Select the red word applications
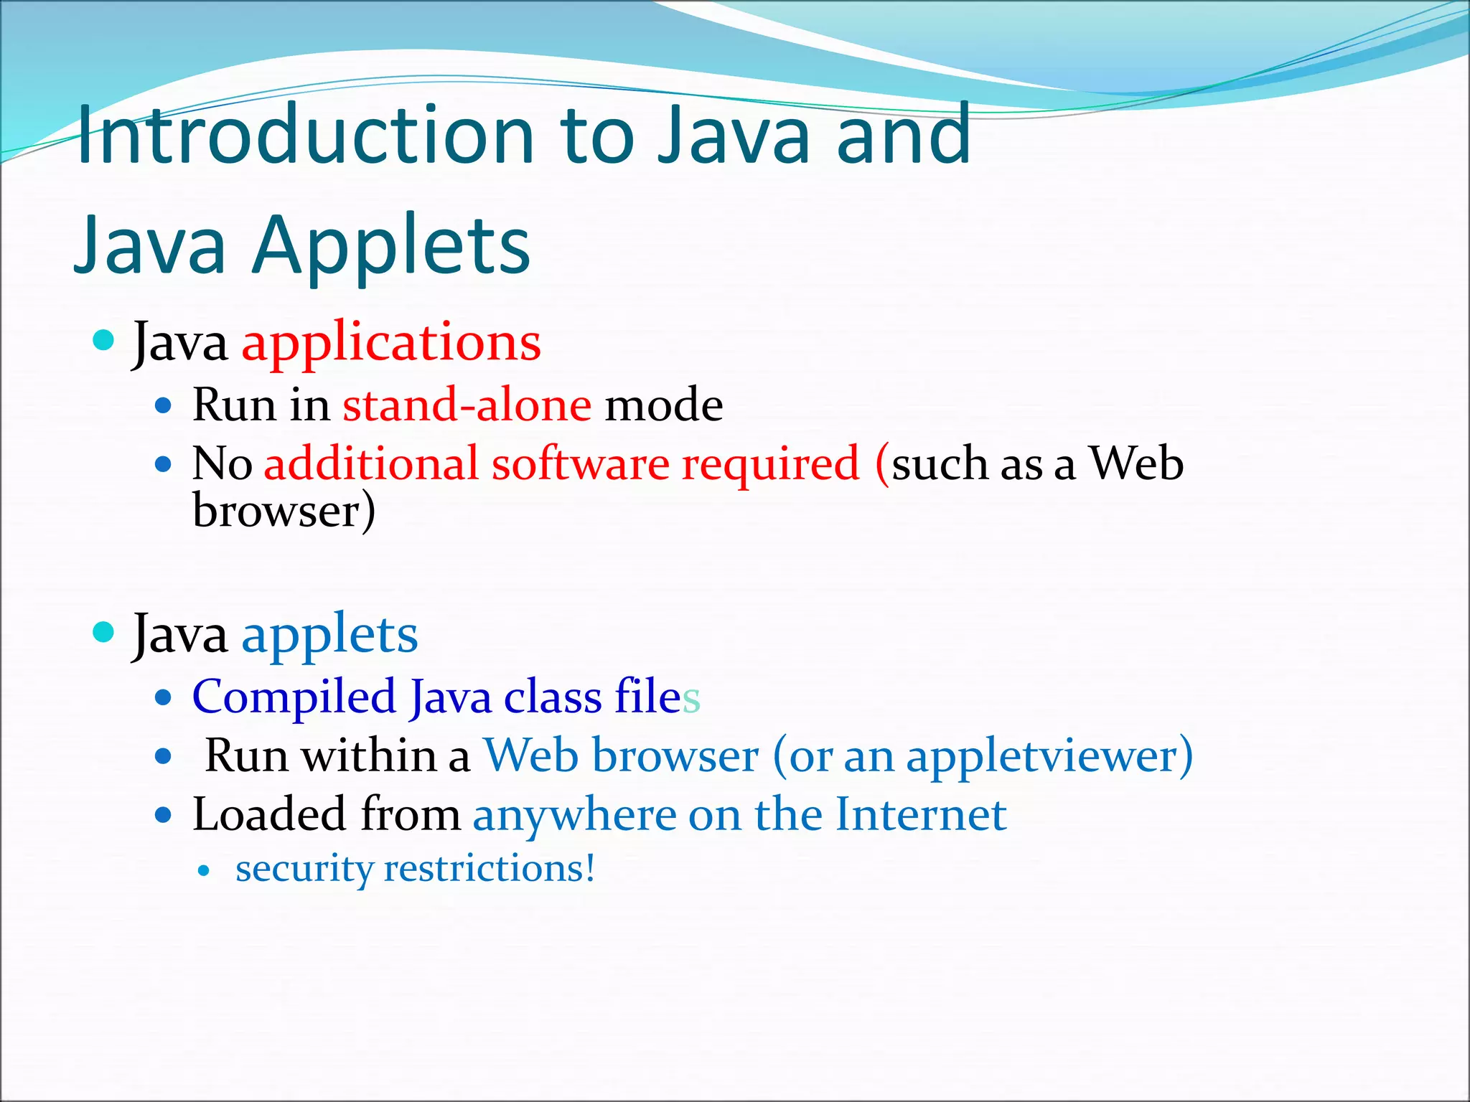click(x=391, y=343)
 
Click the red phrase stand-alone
click(x=467, y=405)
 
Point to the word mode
click(x=664, y=405)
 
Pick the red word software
click(x=580, y=463)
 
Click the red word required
click(x=770, y=465)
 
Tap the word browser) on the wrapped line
click(x=284, y=512)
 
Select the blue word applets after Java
click(x=329, y=635)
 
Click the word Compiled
click(x=294, y=698)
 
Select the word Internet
click(x=921, y=814)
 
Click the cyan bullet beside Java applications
click(x=104, y=340)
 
